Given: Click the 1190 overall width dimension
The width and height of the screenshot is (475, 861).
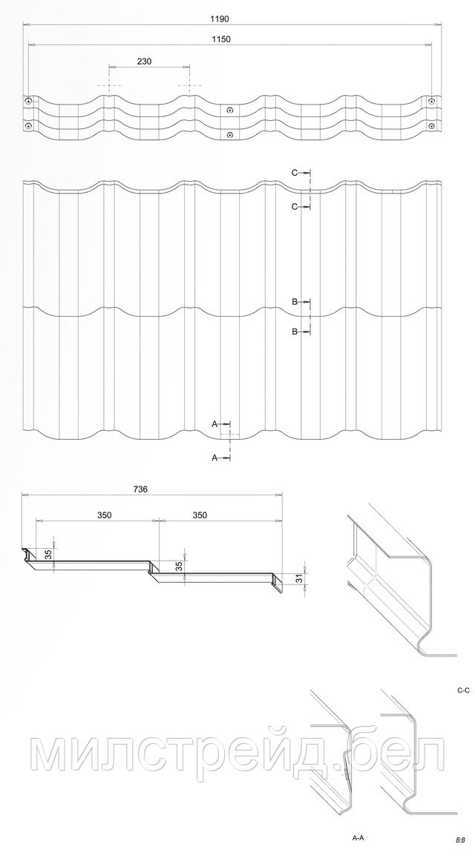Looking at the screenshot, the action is click(220, 18).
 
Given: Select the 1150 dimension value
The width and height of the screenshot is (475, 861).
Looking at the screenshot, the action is click(220, 39).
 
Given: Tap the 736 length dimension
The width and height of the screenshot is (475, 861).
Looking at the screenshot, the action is click(141, 488).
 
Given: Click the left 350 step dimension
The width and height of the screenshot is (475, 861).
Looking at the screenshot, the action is click(105, 515).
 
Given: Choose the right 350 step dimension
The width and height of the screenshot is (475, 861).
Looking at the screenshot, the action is click(200, 515).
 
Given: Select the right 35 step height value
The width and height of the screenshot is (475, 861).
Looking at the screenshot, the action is click(179, 566).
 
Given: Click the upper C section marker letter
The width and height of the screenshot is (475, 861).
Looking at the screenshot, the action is click(295, 172).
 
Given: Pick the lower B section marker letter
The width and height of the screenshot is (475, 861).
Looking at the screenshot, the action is click(295, 331).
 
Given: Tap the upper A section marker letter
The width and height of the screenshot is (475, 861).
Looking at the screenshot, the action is click(215, 423).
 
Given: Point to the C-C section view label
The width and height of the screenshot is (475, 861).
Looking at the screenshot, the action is click(462, 693).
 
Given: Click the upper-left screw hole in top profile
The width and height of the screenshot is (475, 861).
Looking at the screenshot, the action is click(28, 101).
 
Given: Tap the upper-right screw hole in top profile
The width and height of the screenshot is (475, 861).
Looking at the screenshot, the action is click(431, 101).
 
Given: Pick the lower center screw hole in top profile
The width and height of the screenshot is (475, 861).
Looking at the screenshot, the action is click(230, 134).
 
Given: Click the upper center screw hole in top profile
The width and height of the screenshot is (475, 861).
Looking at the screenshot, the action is click(230, 110).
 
